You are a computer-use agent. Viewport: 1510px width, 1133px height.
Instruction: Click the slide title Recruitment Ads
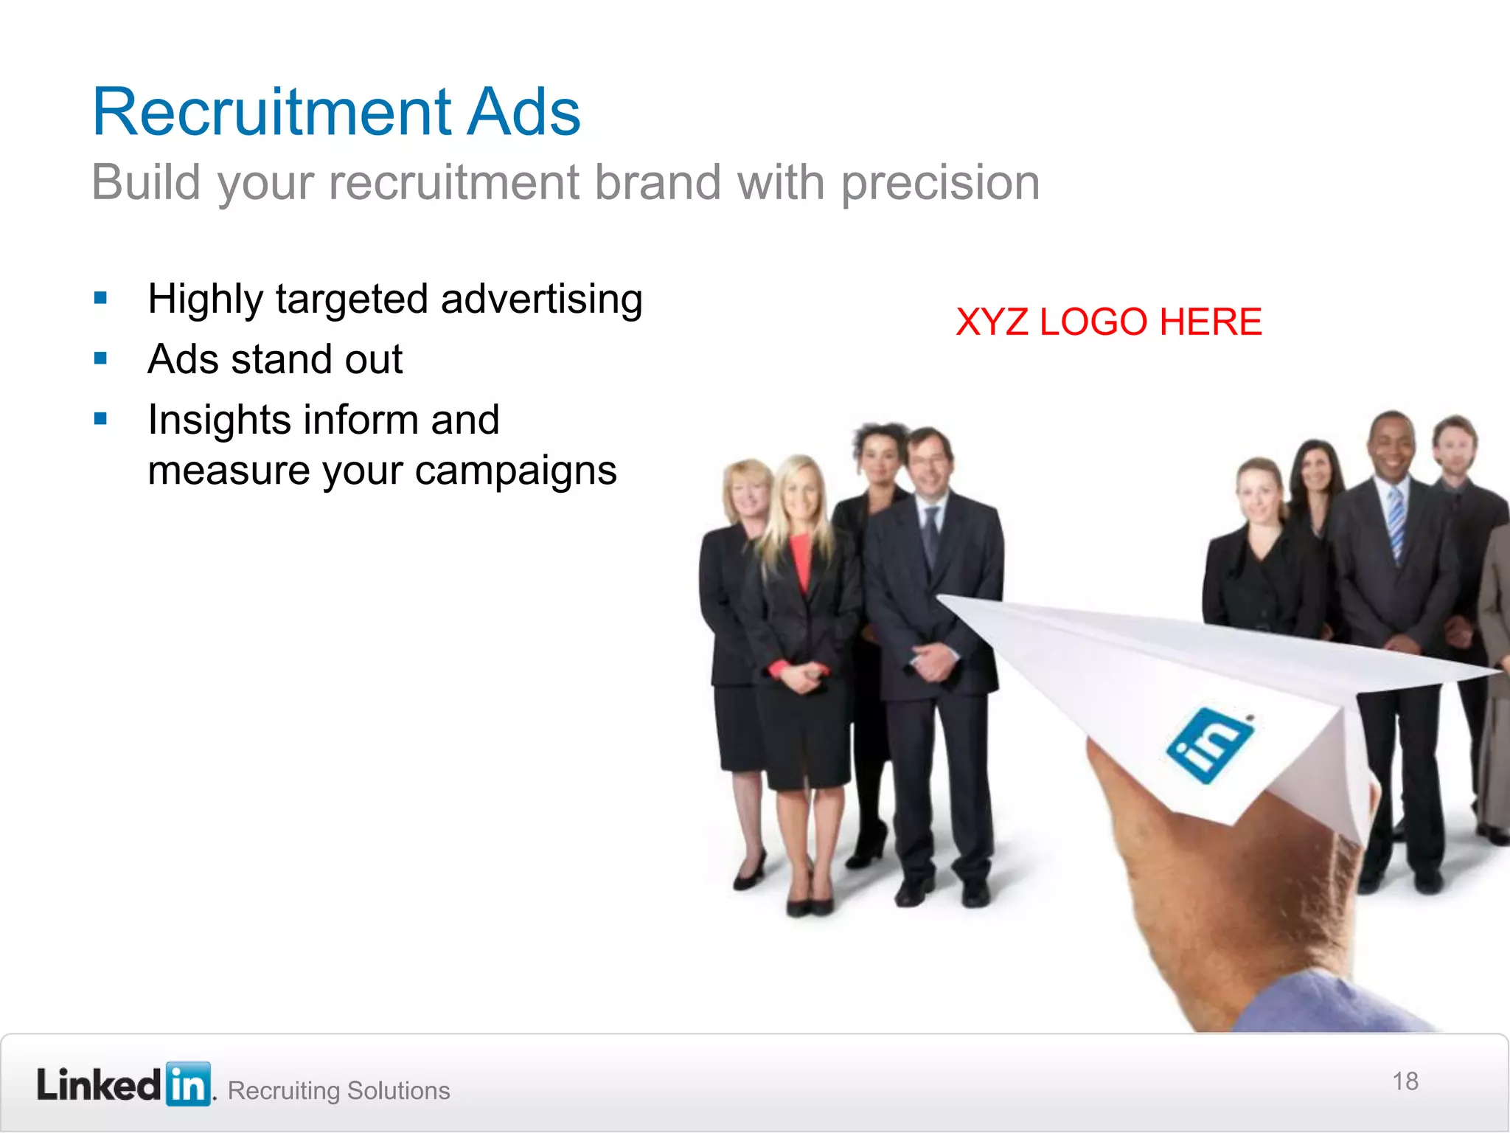336,112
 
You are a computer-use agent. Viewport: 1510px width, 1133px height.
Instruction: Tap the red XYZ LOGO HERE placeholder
1108,322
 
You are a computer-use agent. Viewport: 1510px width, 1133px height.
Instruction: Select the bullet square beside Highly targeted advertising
101,299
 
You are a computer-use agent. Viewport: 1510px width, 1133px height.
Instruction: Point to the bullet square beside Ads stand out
101,359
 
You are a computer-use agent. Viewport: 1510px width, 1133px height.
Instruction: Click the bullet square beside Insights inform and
101,420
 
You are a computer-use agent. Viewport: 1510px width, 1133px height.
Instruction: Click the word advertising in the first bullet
541,299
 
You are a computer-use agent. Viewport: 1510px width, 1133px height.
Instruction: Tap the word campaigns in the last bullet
515,471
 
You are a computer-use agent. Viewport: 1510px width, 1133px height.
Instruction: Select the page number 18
1405,1081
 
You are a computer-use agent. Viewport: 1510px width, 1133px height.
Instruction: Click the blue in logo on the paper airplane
1209,744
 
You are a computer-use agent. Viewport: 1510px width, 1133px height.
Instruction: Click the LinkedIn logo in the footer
124,1084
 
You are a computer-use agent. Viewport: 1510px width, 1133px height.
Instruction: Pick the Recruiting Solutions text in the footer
338,1090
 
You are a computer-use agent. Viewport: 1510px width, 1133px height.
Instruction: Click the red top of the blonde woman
799,561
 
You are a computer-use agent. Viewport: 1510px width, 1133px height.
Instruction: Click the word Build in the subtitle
146,183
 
